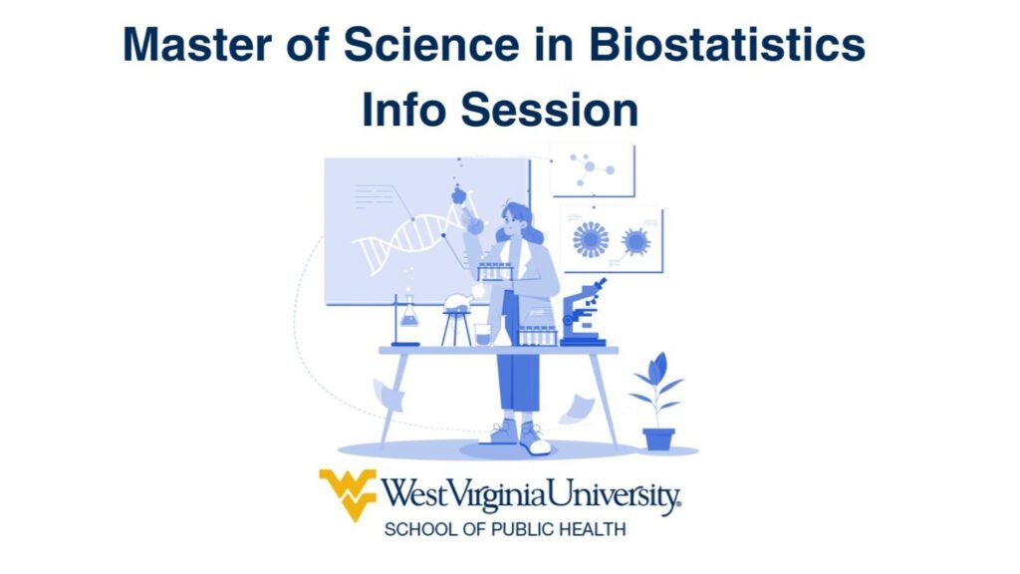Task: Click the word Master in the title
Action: click(x=197, y=45)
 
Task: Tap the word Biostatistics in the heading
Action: click(x=727, y=45)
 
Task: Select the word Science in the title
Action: click(x=431, y=45)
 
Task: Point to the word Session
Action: click(x=550, y=110)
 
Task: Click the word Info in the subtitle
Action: click(x=404, y=110)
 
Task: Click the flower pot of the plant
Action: click(x=658, y=438)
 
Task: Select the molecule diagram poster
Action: click(x=592, y=169)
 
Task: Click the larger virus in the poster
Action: click(x=591, y=239)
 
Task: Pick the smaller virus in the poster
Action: click(x=636, y=241)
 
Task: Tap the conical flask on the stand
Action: click(x=409, y=312)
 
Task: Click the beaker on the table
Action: click(x=482, y=335)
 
